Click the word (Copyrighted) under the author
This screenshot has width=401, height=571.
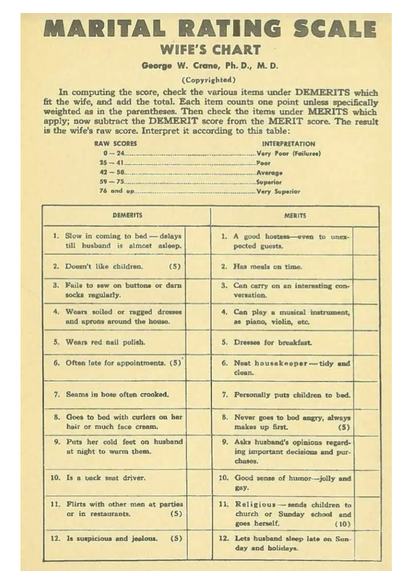(211, 80)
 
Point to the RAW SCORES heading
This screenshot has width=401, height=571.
(115, 144)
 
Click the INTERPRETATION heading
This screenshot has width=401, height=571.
(288, 144)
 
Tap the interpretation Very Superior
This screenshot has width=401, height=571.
(279, 191)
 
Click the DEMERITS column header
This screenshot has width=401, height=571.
(127, 215)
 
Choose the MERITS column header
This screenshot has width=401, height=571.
(295, 216)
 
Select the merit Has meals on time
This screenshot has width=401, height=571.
(268, 267)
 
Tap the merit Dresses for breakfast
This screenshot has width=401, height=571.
(273, 342)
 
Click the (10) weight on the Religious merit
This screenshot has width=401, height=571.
(342, 524)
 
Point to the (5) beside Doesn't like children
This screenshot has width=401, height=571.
(175, 267)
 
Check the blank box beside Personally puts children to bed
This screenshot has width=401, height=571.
(366, 395)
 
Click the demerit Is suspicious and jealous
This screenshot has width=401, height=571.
(112, 539)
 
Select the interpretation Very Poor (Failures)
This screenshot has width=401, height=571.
(289, 153)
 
